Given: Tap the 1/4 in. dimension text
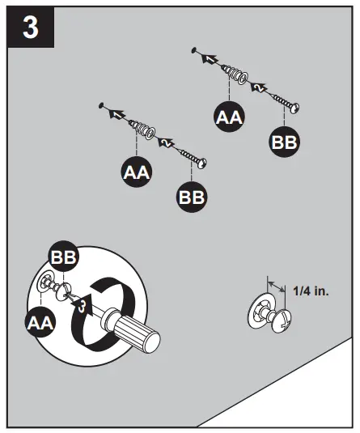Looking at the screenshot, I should click(x=311, y=290).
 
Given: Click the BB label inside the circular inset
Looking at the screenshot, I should click(x=64, y=257).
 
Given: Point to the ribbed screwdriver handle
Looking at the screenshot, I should click(x=137, y=331).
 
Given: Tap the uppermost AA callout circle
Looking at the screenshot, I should click(x=230, y=118).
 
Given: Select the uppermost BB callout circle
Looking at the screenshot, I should click(x=284, y=142).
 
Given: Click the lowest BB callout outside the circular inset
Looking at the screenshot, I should click(x=192, y=196).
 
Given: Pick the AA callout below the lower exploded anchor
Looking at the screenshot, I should click(x=135, y=172).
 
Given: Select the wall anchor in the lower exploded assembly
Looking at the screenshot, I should click(x=143, y=129).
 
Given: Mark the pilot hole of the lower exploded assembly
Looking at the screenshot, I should click(x=100, y=104).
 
